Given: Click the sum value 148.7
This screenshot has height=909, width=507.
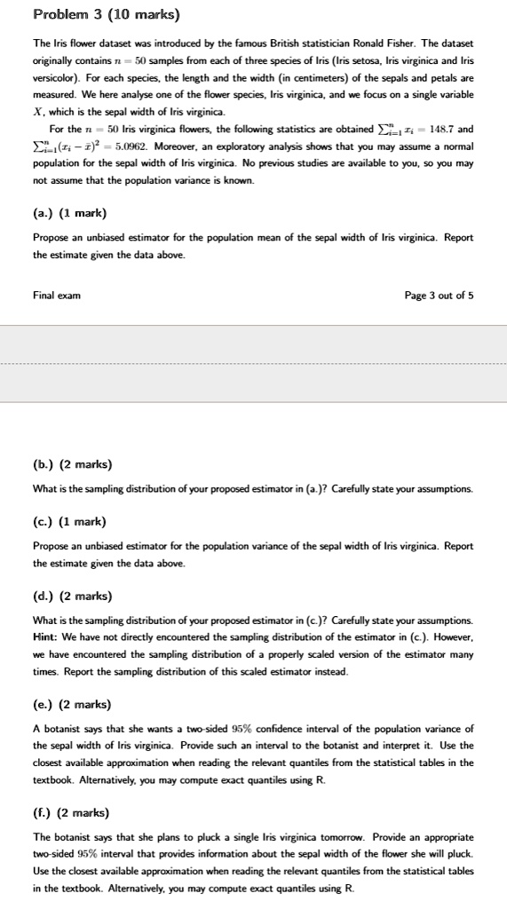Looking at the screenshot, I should pyautogui.click(x=440, y=129).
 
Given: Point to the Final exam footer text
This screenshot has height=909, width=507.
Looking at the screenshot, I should pyautogui.click(x=56, y=295).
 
